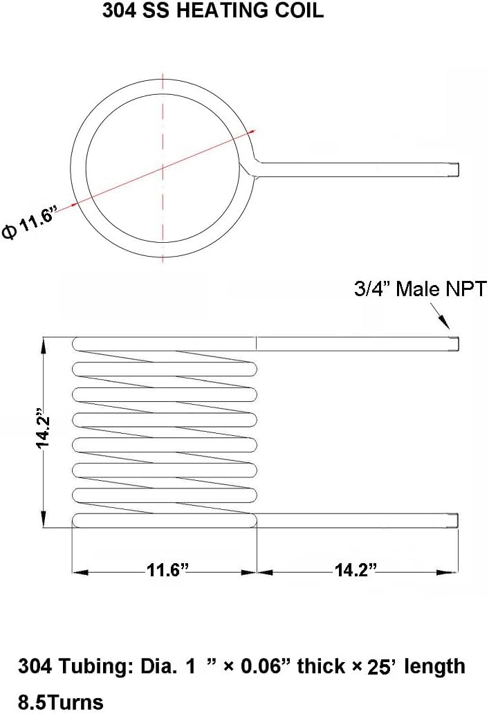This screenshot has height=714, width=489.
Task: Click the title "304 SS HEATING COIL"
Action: coord(213,11)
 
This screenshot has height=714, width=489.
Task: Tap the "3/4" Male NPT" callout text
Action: coord(421,288)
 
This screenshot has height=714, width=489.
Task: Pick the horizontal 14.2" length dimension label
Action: coord(356,571)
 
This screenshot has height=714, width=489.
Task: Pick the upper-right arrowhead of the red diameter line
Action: coord(252,131)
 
